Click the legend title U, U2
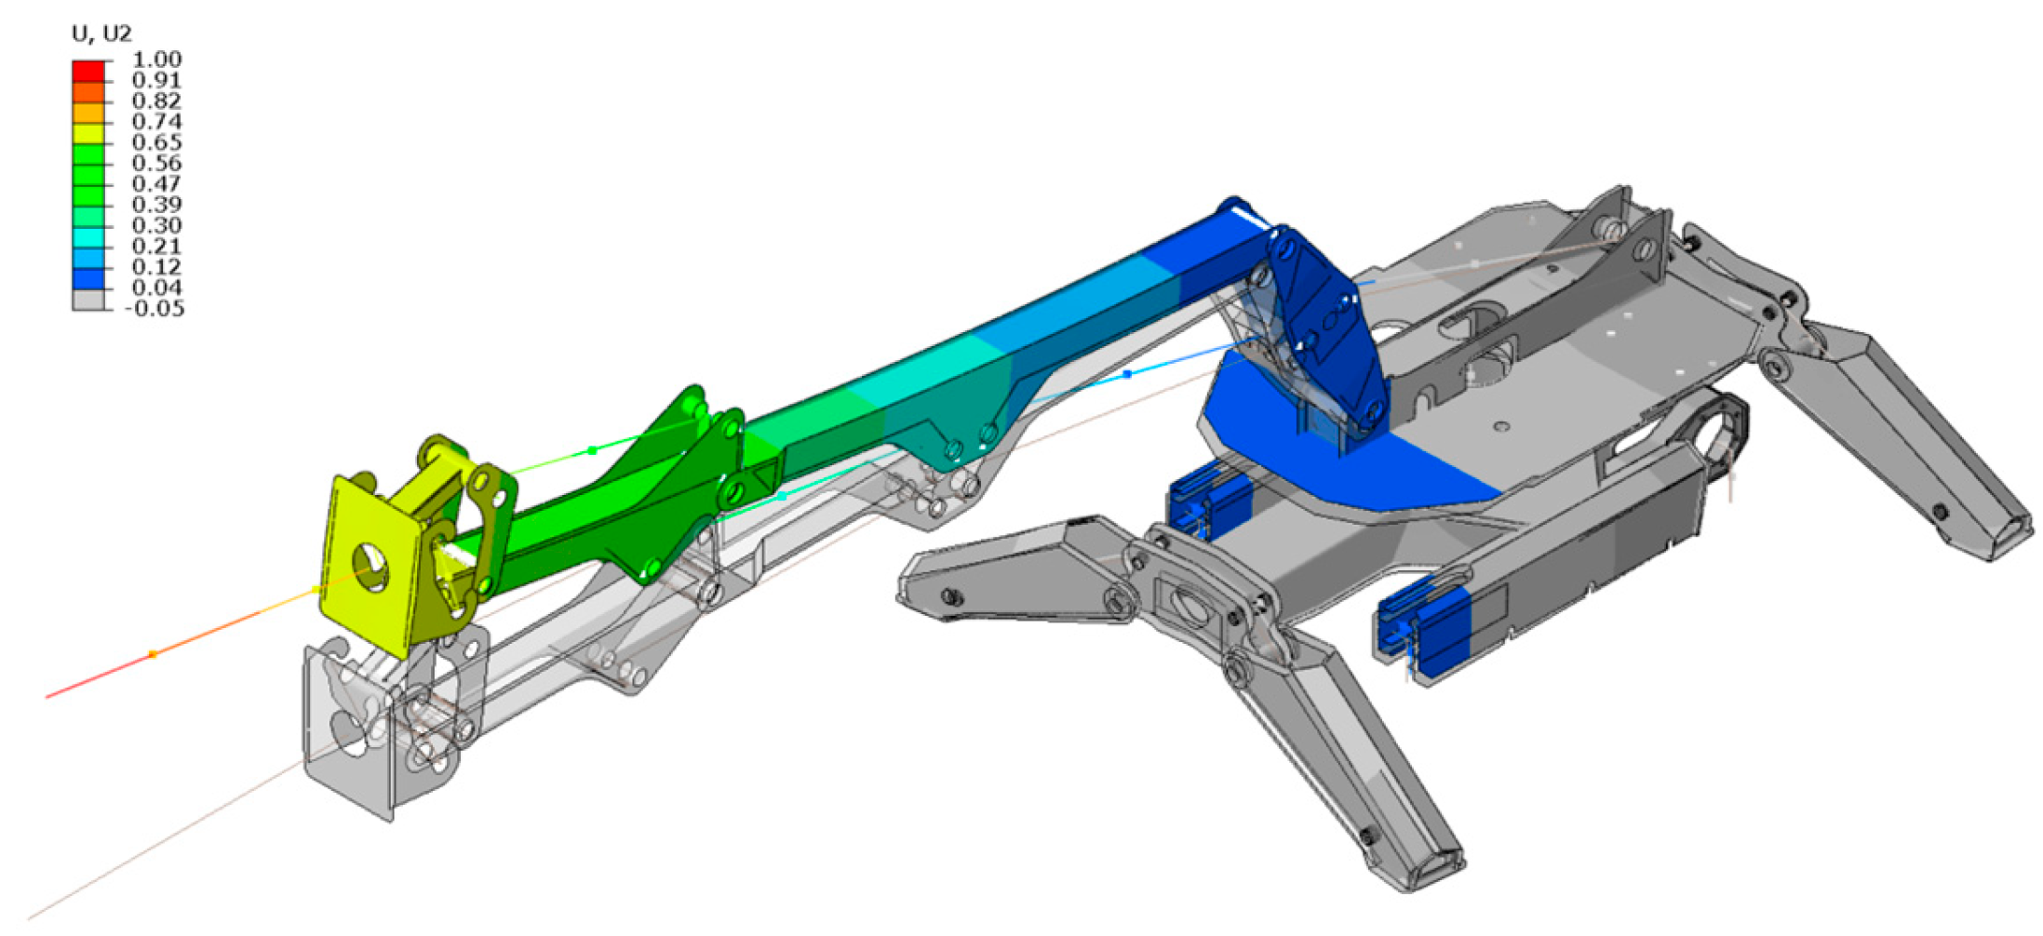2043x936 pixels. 101,34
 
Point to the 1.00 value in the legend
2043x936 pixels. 156,60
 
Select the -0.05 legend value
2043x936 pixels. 154,309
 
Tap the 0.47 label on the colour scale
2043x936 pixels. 156,184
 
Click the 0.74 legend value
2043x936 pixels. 156,122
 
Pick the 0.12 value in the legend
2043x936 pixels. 156,267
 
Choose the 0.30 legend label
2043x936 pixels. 156,225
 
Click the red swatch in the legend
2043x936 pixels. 88,71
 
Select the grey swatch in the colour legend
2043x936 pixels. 88,300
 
